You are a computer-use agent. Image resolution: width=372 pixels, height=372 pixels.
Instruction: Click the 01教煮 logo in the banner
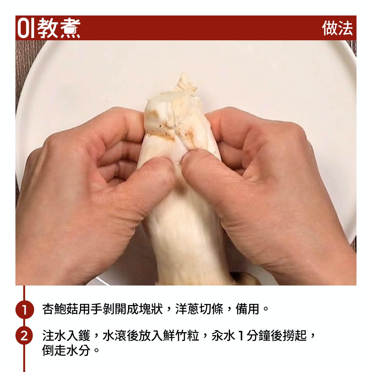[49, 28]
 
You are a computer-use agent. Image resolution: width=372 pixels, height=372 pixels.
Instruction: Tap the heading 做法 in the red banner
[337, 28]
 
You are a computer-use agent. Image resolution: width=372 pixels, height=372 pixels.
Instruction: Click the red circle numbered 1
[24, 309]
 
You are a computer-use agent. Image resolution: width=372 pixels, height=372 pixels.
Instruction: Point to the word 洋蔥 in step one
[187, 309]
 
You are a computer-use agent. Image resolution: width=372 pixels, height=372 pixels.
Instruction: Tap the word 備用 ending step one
[247, 309]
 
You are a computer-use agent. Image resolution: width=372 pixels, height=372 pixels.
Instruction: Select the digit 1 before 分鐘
[241, 336]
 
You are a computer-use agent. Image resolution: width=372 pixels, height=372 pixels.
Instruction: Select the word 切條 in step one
[211, 309]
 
